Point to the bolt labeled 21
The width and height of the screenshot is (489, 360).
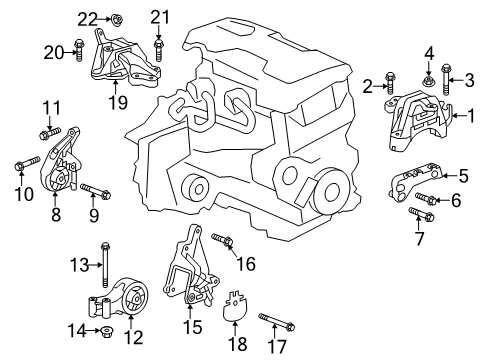[x=158, y=44]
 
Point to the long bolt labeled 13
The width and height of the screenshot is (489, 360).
[x=103, y=264]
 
